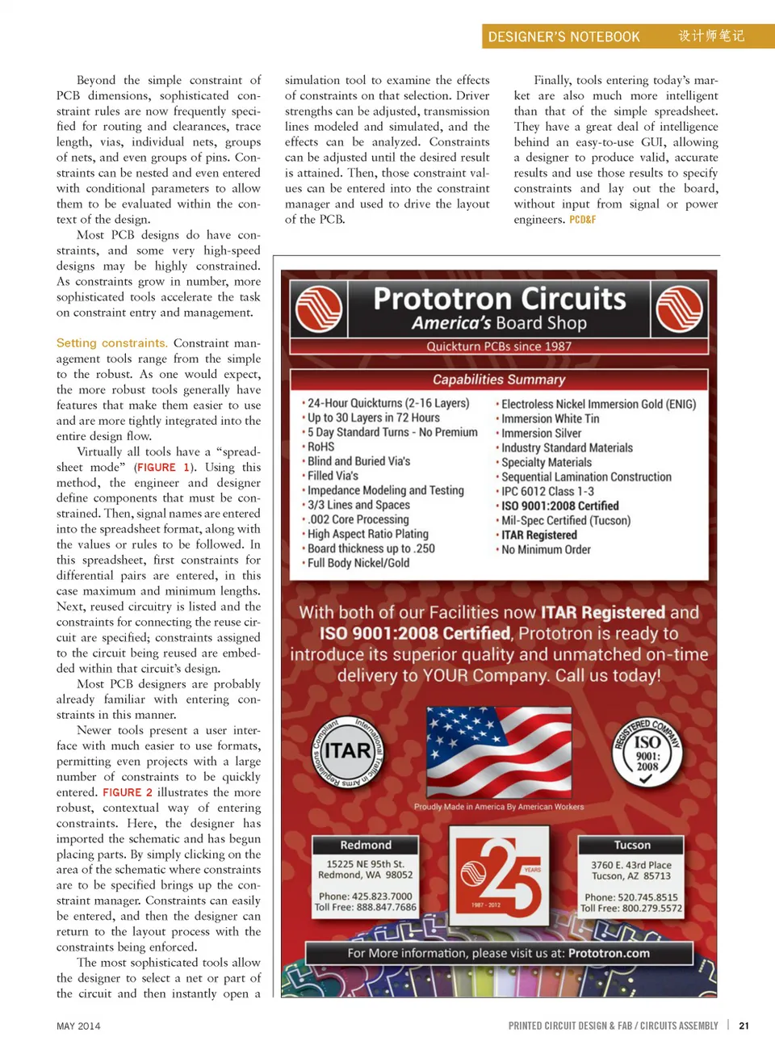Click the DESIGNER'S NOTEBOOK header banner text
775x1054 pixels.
coord(563,36)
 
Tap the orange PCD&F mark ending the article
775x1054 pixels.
coord(582,220)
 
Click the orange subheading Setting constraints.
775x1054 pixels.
coord(112,343)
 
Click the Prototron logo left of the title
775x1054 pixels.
coord(319,309)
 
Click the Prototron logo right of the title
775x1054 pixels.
coord(679,309)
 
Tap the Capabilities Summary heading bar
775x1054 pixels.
coord(499,380)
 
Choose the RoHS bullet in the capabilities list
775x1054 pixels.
coord(320,447)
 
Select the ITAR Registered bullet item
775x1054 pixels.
coord(538,535)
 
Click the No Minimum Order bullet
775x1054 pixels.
coord(546,549)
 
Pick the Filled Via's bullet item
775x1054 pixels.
coord(333,476)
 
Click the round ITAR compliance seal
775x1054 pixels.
coord(348,752)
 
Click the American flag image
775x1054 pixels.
coord(499,752)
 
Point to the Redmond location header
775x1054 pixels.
coord(366,845)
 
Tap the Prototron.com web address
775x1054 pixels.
coord(609,953)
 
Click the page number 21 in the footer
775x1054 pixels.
coord(744,1026)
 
